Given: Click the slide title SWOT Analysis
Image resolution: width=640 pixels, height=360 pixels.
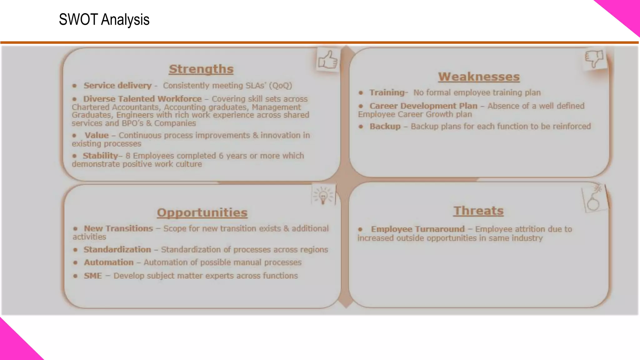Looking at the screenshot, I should coord(104,20).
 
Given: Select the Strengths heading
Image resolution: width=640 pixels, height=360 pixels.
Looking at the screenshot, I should coord(201,69).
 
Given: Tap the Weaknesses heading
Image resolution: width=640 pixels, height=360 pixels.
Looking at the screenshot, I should coord(479,77).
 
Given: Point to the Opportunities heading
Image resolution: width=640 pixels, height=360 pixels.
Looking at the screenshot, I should coord(202,212).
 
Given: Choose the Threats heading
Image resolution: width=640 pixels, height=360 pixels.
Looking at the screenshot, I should coord(478,211).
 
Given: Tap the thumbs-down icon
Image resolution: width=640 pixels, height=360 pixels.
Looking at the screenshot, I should coord(594,58).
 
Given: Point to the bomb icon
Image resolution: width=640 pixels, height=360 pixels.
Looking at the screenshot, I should coord(594,200).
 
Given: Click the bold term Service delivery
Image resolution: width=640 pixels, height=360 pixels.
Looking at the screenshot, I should coord(117,86).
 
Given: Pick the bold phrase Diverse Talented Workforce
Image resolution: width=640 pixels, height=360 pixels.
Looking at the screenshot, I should coord(142,99).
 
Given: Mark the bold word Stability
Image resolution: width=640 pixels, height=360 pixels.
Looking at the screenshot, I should coord(100,156).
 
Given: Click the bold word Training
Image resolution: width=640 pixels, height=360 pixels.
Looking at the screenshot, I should coord(387,92).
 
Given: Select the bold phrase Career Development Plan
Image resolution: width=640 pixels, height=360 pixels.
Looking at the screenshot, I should coord(423,106).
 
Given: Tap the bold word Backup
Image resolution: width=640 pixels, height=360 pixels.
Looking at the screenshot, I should coord(385,126).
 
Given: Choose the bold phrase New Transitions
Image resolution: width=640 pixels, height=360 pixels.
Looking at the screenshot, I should coord(118,228).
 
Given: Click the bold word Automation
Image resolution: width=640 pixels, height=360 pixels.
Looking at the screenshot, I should coord(109,262).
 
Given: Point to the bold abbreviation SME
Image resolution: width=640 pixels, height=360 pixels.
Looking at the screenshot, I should coord(93,276).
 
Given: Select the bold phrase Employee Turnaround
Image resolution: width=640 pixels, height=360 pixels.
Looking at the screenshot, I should coord(418,229).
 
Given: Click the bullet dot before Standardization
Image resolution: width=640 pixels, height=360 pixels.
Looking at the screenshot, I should coord(75,250).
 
